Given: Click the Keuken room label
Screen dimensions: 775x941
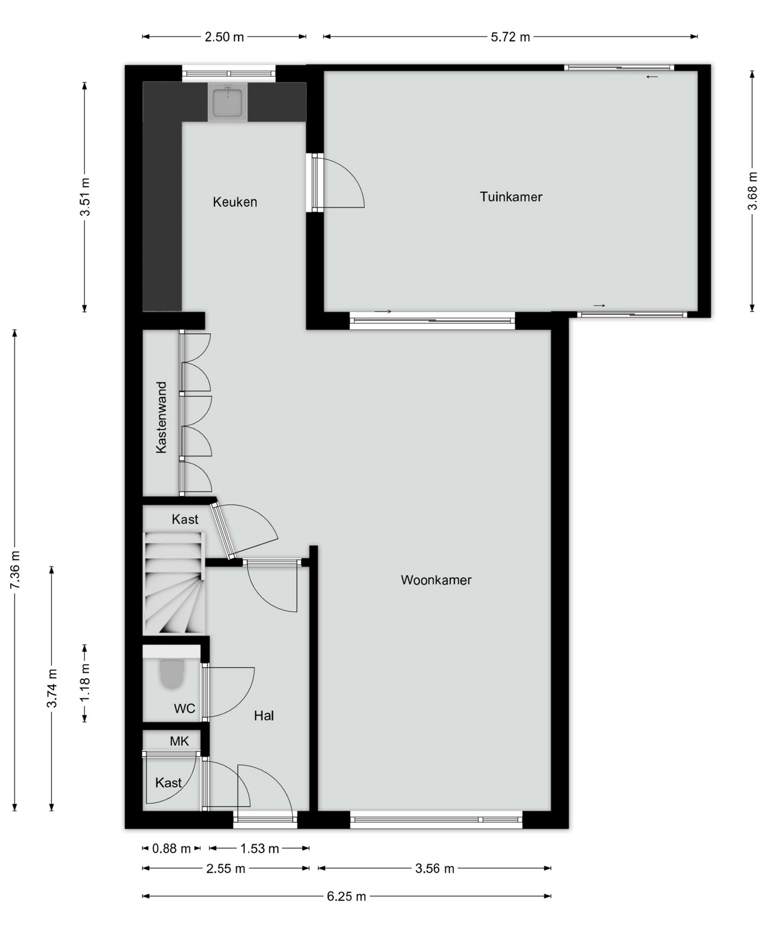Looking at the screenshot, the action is click(235, 202).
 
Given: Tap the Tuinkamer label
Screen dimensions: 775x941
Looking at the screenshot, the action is click(511, 197).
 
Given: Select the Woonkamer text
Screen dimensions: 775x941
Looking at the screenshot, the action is click(436, 580).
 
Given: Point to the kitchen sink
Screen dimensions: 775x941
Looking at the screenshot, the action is click(227, 102).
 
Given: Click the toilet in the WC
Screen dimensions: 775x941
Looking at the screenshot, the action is click(171, 674).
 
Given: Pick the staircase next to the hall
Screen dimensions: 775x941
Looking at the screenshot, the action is click(173, 583).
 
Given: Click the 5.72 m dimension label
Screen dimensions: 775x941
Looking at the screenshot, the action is click(510, 37).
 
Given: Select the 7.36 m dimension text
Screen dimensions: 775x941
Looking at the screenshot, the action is click(15, 571).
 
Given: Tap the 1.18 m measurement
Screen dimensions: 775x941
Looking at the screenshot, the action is click(84, 683).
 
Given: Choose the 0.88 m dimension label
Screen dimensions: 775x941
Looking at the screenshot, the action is click(171, 849).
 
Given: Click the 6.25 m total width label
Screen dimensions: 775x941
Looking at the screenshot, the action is click(346, 896).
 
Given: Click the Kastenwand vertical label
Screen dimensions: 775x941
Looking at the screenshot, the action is click(162, 418).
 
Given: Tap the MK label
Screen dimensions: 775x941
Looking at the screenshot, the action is click(179, 741).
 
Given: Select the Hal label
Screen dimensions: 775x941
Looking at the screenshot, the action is click(264, 716).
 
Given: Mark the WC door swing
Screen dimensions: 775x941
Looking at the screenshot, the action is click(228, 692).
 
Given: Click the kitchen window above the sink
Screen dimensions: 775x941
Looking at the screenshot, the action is click(228, 74).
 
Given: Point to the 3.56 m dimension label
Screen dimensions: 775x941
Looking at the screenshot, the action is click(435, 869).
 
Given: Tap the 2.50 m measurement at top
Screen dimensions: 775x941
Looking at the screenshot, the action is click(224, 37).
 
